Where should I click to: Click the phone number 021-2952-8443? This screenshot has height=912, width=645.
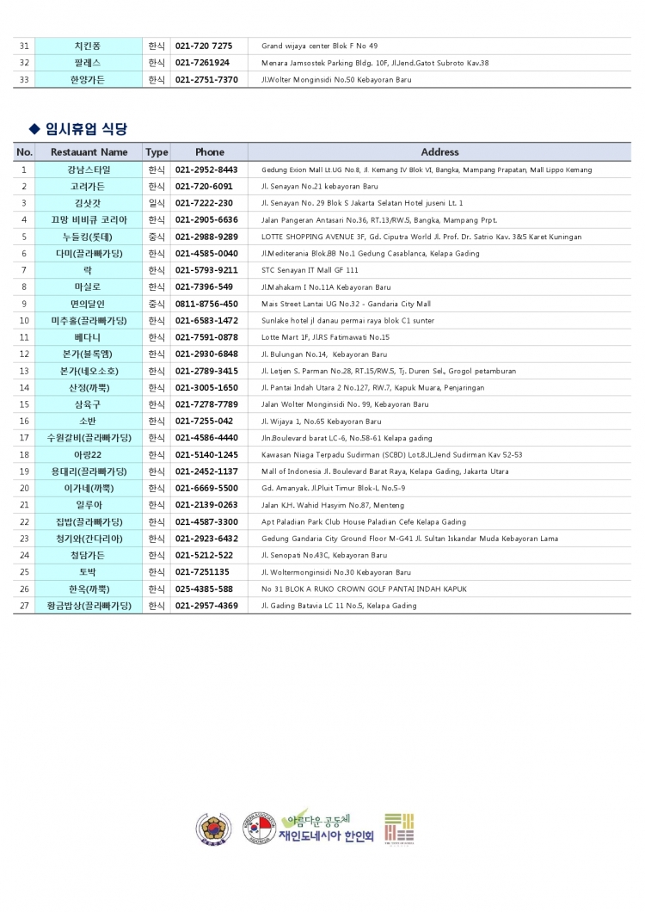pos(206,169)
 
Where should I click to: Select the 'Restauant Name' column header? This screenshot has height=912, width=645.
pos(89,152)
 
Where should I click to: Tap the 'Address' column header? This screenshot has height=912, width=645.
pos(439,152)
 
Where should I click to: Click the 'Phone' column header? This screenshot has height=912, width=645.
pos(209,152)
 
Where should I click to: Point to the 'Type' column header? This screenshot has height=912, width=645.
pos(157,152)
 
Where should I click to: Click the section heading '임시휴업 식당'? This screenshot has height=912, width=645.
pos(85,129)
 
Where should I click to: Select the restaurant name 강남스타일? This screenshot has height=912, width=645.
pos(89,169)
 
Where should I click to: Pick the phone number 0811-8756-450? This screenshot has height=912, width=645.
pos(206,304)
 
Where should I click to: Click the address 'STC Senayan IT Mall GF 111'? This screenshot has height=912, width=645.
pos(310,270)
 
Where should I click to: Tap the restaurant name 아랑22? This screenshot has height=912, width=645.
pos(89,454)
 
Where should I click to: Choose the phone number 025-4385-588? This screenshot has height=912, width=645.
pos(204,588)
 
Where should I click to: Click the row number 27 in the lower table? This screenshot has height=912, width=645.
pos(24,606)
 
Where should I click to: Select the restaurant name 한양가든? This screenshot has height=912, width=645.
pos(89,80)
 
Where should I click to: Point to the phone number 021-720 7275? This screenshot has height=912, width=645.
pos(204,46)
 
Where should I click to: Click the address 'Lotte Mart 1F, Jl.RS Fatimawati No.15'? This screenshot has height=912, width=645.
pos(325,337)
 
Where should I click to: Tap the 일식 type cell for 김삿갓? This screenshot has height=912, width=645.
pos(157,203)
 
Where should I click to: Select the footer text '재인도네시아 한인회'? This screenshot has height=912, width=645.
pos(326,835)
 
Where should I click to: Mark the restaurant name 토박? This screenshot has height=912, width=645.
pos(89,572)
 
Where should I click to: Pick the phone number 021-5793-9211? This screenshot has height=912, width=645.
pos(206,270)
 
